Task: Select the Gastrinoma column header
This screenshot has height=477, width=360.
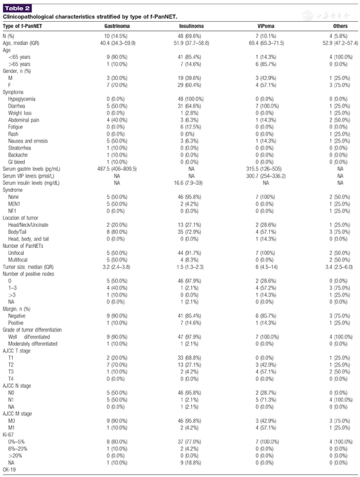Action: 115,24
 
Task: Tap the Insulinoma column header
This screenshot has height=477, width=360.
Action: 188,24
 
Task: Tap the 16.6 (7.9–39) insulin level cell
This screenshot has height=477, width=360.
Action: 188,188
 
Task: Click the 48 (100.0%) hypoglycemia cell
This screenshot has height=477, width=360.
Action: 188,100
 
